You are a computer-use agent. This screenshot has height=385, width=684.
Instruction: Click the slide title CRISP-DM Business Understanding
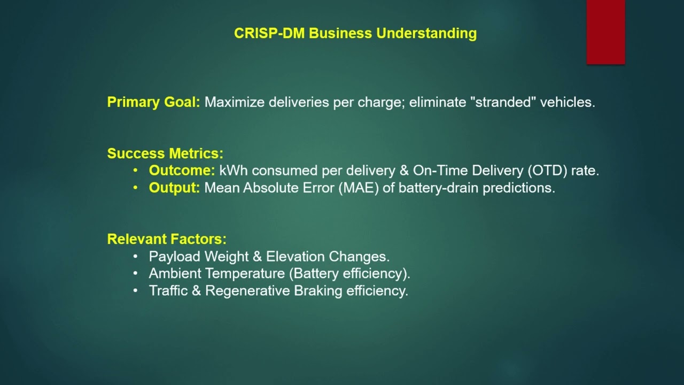(x=355, y=33)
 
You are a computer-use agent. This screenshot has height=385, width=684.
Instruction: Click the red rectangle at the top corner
(x=605, y=32)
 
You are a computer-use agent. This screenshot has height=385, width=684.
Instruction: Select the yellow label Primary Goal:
(x=153, y=102)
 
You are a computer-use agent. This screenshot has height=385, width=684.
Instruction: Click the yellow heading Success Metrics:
(x=165, y=153)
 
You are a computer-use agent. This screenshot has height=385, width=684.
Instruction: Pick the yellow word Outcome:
(x=182, y=171)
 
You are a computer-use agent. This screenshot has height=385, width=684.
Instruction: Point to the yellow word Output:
(x=174, y=188)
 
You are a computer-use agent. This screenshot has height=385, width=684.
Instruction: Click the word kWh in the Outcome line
(x=234, y=171)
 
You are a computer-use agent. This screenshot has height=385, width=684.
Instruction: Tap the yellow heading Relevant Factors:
(x=167, y=239)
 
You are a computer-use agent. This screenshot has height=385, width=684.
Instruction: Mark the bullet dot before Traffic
(x=136, y=290)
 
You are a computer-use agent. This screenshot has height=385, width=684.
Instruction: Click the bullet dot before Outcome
(x=136, y=171)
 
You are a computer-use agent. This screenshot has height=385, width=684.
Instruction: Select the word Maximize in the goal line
(x=235, y=102)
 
